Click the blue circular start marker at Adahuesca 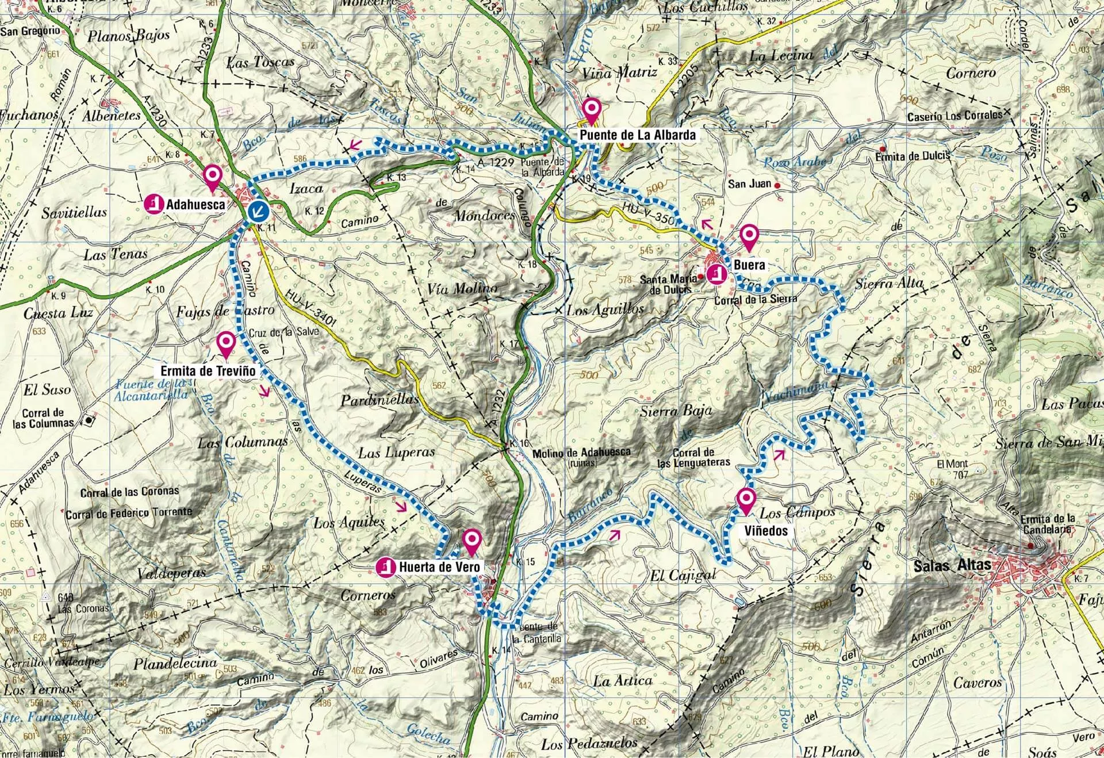click(x=259, y=212)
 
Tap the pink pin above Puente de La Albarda click(x=591, y=109)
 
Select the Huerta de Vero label click(x=438, y=567)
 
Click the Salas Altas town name click(x=952, y=565)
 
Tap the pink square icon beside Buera click(x=716, y=274)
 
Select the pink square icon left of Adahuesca click(x=153, y=204)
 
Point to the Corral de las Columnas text click(x=44, y=418)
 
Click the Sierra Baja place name click(x=676, y=411)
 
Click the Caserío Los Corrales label click(x=954, y=116)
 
